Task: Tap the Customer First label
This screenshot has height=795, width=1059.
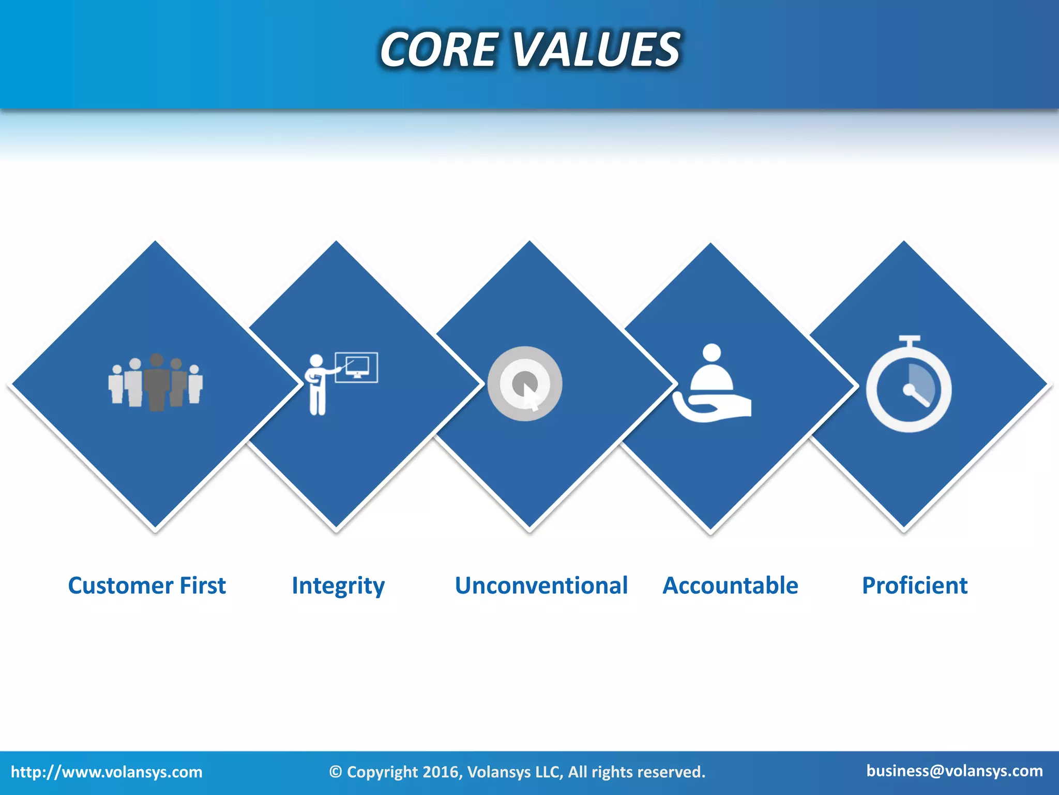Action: pos(147,585)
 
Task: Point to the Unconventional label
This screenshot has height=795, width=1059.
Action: pos(541,585)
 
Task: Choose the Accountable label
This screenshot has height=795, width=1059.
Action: pos(730,585)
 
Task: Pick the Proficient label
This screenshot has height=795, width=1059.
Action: pos(914,585)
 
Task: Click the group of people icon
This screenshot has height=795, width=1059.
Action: pos(156,383)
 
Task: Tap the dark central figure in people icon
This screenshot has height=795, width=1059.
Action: pos(157,383)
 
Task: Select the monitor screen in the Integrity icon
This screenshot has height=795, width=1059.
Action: pos(357,367)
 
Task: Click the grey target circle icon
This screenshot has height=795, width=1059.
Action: pos(524,384)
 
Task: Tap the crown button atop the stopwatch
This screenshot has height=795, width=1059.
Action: pos(909,340)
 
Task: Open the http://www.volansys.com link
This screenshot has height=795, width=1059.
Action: pos(107,772)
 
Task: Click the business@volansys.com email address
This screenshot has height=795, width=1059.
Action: pos(955,771)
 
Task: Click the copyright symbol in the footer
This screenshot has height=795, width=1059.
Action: pos(335,772)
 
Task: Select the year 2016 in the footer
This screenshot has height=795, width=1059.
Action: pos(441,772)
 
